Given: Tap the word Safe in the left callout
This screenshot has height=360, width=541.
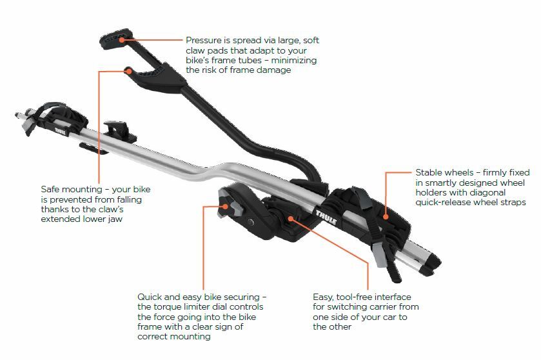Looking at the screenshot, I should pos(52,190).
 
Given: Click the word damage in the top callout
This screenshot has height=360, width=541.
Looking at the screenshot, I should pos(273,70).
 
